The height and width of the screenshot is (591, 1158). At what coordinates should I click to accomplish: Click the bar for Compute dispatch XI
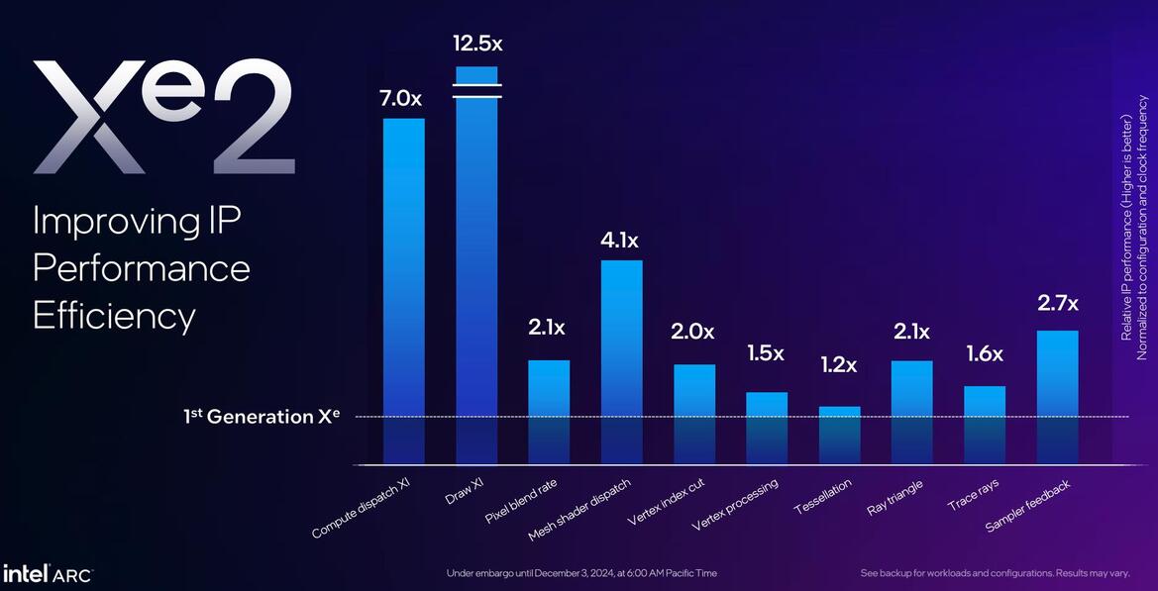pos(403,287)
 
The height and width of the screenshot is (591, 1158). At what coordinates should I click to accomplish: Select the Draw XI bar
pos(476,267)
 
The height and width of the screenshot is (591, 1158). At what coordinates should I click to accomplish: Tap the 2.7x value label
pos(1058,303)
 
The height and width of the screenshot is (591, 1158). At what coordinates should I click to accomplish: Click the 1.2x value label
pos(840,363)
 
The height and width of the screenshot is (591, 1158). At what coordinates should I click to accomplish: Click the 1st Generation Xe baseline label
pos(262,417)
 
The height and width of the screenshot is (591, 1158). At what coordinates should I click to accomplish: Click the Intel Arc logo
pos(48,574)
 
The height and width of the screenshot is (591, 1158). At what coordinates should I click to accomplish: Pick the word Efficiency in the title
pos(114,315)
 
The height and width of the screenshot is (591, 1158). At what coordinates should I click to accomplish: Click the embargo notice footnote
pos(581,573)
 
